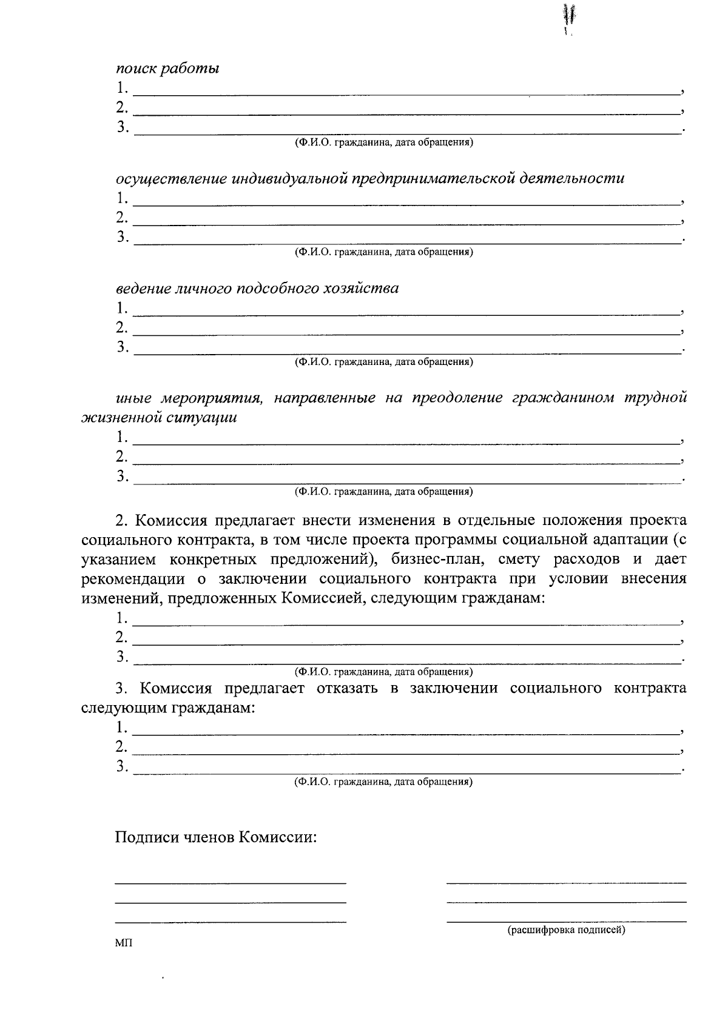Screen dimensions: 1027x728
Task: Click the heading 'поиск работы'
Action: [167, 69]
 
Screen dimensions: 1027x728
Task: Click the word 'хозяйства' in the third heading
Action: [365, 288]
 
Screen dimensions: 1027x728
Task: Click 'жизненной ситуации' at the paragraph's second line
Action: [159, 417]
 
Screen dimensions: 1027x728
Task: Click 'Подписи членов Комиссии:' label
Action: [217, 838]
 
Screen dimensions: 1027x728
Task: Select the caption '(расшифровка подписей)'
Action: [566, 929]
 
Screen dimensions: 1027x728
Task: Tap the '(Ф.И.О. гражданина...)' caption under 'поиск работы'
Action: [383, 142]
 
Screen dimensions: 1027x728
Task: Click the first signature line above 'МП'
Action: [231, 883]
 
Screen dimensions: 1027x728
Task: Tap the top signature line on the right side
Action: [566, 883]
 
